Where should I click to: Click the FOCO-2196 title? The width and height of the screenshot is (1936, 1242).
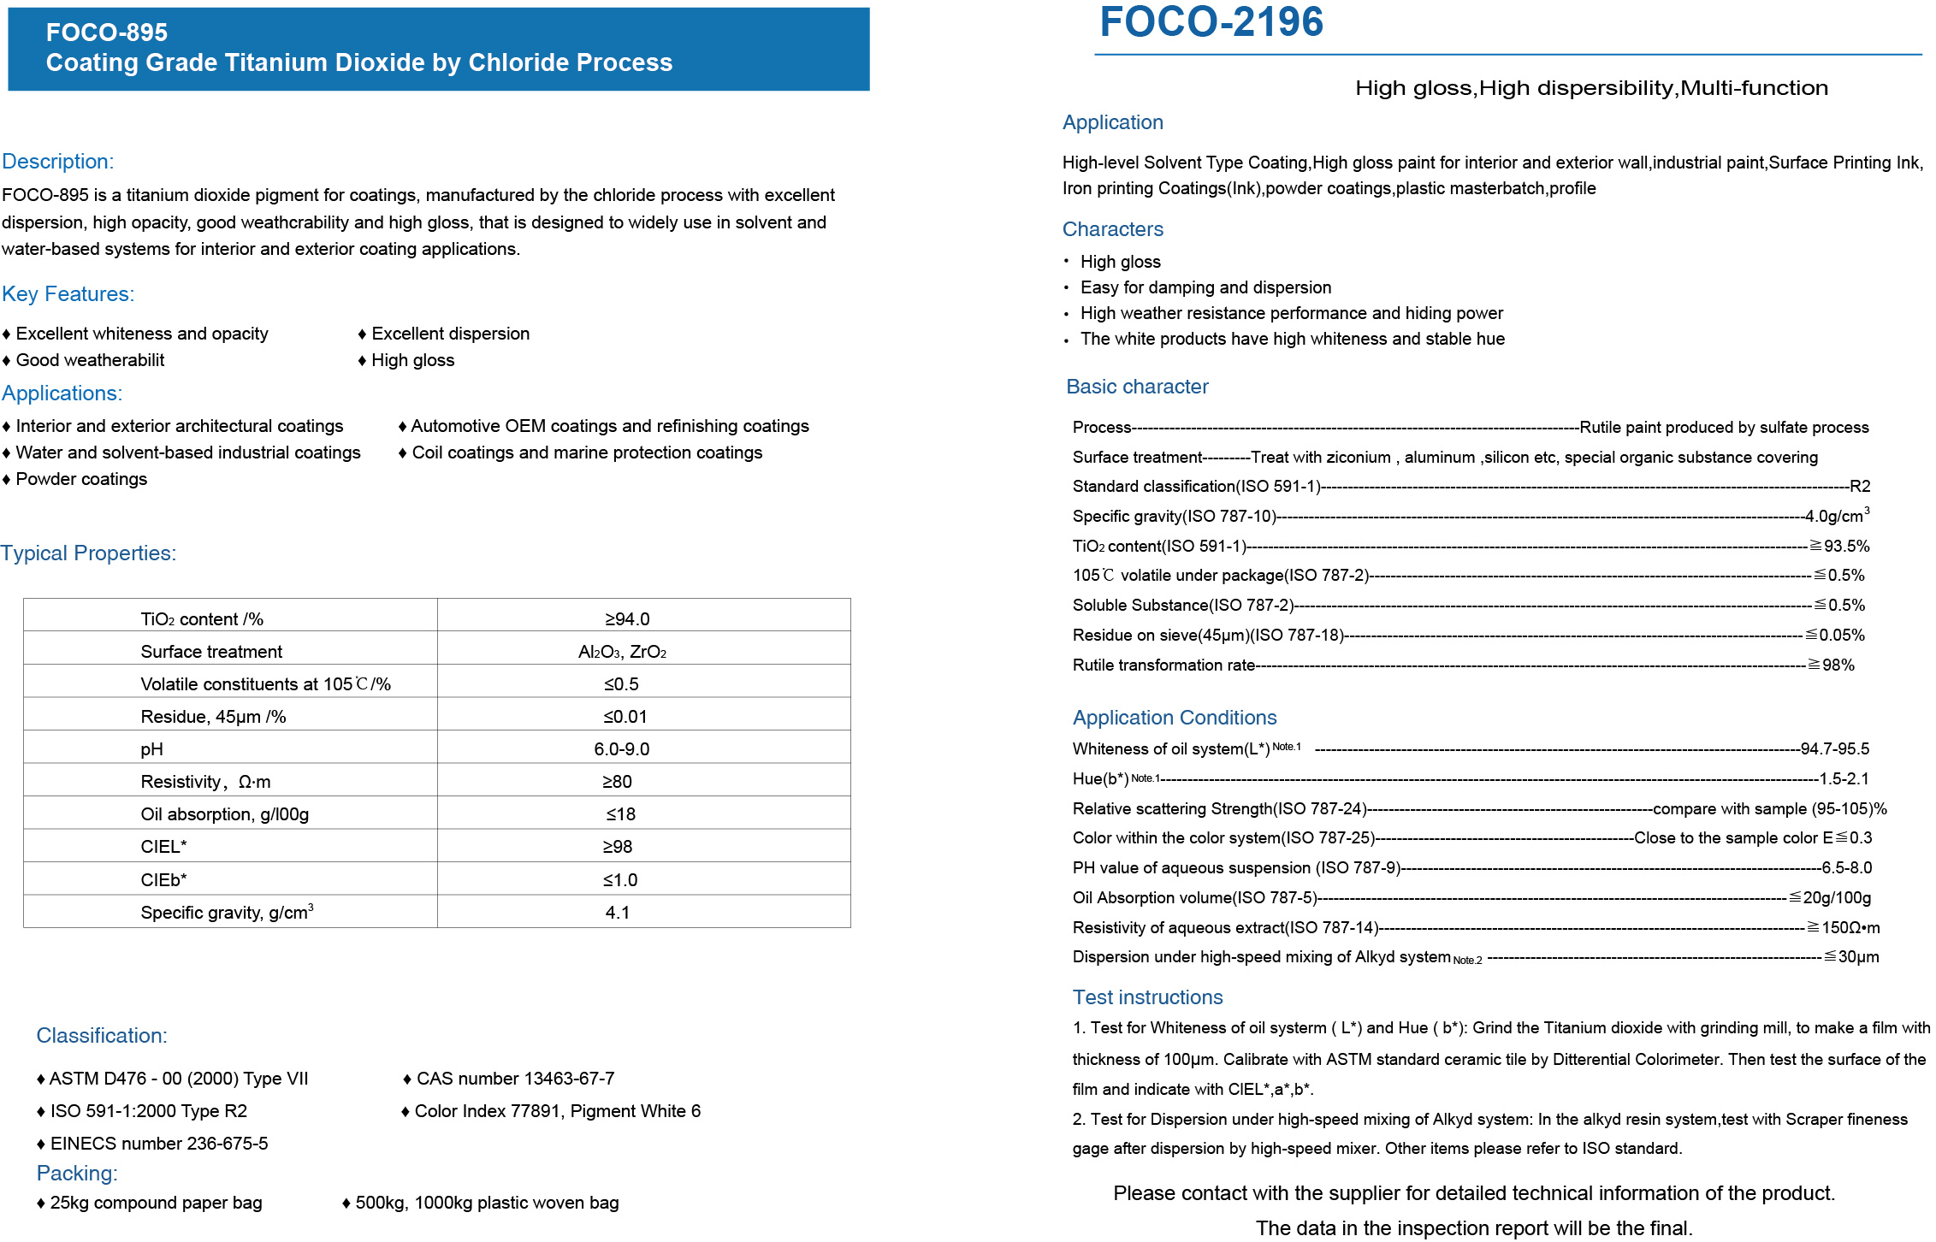pos(1211,22)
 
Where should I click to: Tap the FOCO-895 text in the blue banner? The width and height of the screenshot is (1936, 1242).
pos(107,33)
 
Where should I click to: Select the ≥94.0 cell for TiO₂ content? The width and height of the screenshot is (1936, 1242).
pos(627,618)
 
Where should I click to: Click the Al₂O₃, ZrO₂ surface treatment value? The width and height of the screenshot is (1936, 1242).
pos(622,652)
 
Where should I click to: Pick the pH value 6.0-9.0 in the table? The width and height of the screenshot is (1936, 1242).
pos(622,749)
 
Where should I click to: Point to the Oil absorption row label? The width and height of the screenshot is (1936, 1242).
pos(224,814)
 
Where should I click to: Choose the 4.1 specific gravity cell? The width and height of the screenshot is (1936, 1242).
pos(618,913)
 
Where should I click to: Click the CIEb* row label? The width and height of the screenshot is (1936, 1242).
pos(163,880)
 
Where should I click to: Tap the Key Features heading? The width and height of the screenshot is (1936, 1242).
pos(68,294)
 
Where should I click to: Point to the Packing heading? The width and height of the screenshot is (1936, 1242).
pos(77,1174)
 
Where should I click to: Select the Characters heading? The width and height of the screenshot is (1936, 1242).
pos(1112,229)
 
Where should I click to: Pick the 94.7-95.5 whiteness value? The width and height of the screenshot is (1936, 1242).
pos(1834,749)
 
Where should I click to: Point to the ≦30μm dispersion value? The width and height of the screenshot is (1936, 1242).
pos(1851,957)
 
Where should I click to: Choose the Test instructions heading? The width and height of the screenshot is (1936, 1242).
pos(1147,997)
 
